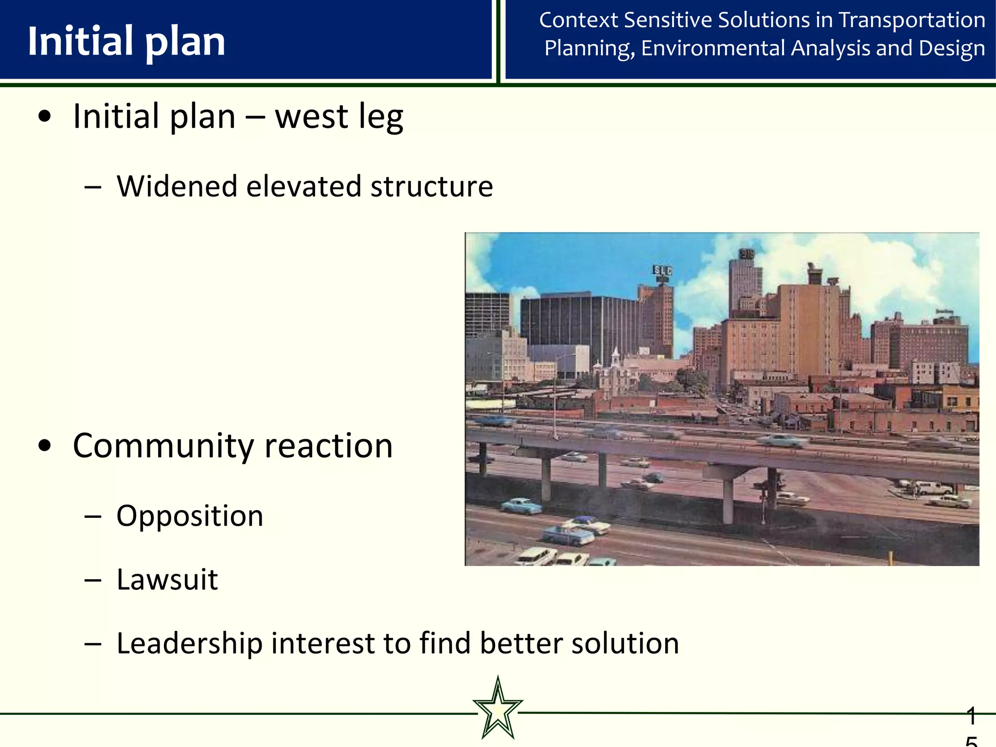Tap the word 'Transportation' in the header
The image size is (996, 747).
[912, 20]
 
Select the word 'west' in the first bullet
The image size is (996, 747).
[311, 117]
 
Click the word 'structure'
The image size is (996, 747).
[431, 186]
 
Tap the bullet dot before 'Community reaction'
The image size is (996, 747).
[45, 446]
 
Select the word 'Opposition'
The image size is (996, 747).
[190, 516]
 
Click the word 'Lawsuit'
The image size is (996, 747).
[167, 580]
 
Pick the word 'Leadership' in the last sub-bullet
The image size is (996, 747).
[190, 643]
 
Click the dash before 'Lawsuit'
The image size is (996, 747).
[92, 580]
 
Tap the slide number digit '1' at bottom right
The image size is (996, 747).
[971, 716]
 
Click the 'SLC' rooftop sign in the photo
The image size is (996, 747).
[662, 271]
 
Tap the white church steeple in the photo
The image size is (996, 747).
[616, 357]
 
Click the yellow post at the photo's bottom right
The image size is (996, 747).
[890, 558]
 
